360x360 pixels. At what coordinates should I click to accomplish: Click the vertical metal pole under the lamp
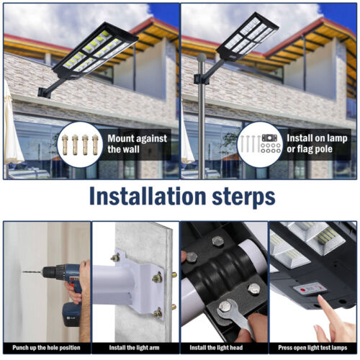tap(202, 122)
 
